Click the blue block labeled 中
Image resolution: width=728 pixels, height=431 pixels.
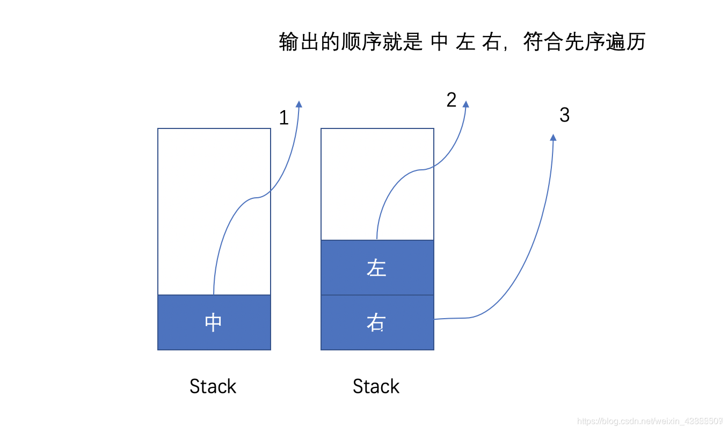pyautogui.click(x=214, y=322)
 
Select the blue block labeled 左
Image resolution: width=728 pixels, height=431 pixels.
pyautogui.click(x=377, y=268)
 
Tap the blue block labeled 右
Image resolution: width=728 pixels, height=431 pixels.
pyautogui.click(x=377, y=322)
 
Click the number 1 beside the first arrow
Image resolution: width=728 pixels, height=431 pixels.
pyautogui.click(x=284, y=118)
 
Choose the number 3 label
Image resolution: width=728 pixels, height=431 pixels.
pyautogui.click(x=564, y=115)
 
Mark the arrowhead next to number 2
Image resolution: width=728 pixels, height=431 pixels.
pyautogui.click(x=465, y=104)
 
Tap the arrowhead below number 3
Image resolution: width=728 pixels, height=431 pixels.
pyautogui.click(x=553, y=138)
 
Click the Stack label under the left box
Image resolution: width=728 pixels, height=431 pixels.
pyautogui.click(x=213, y=386)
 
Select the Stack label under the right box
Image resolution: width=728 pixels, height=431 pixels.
pyautogui.click(x=376, y=386)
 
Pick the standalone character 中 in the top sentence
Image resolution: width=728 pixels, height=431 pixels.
pyautogui.click(x=439, y=42)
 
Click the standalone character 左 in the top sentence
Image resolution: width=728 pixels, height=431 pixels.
pyautogui.click(x=465, y=42)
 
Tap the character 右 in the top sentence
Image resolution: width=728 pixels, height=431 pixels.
pyautogui.click(x=491, y=42)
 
